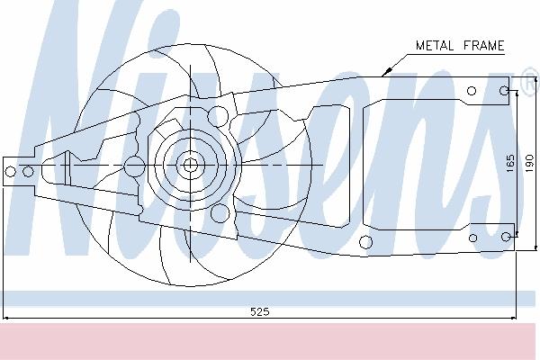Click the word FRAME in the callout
[484, 46]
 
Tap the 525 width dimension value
[260, 311]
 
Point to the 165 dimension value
[510, 163]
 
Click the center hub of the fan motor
[190, 165]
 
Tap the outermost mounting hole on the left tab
[11, 171]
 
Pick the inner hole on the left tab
[28, 171]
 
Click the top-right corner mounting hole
[504, 91]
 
